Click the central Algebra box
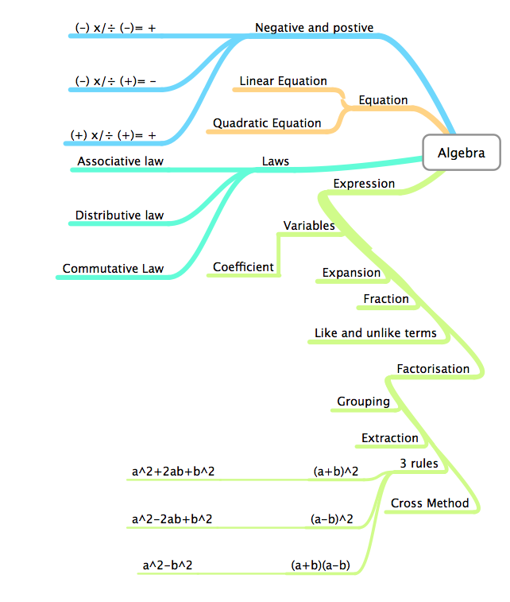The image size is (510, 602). pos(462,153)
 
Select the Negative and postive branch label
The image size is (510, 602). pos(314,28)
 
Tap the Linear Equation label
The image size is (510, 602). pos(283,81)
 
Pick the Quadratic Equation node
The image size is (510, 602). pos(267,123)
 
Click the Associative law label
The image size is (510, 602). pos(120,161)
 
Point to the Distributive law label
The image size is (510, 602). pos(119,215)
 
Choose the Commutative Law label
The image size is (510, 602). pos(113,269)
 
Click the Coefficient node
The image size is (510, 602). pos(243,267)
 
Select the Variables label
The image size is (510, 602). pos(309,226)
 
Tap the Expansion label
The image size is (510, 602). pos(351,273)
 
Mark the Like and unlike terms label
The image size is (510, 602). pos(375,333)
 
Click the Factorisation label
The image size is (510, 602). pos(433,369)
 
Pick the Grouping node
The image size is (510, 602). pos(363,402)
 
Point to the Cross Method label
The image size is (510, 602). pos(430,503)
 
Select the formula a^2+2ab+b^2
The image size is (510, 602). pos(173,472)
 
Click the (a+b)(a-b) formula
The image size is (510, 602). pos(320,565)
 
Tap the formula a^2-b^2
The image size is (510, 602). pos(168,565)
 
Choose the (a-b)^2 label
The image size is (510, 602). pos(331,519)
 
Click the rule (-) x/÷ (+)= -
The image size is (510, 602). pos(115,81)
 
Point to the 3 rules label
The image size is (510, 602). pos(419,463)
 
